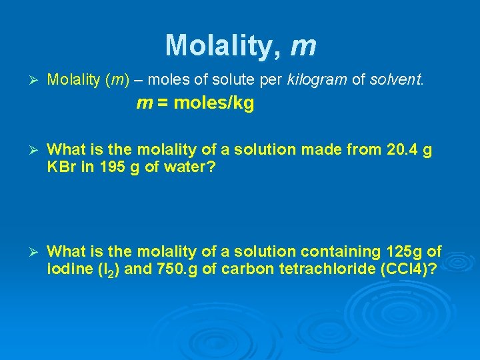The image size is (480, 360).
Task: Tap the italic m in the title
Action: coord(303,47)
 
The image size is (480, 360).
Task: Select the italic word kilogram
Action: coord(317,81)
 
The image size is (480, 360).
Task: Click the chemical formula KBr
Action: coord(63,167)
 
